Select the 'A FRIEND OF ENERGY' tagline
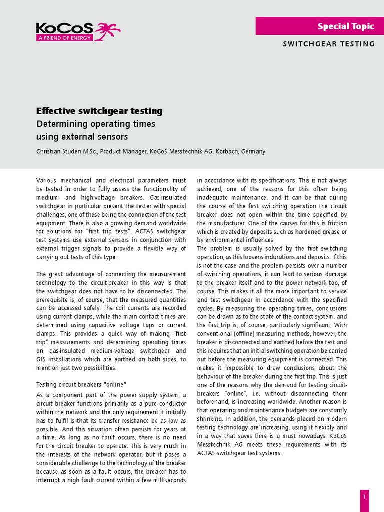(64, 38)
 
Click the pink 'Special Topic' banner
(320, 26)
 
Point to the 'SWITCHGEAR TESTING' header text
(329, 44)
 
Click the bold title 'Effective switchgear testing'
(99, 111)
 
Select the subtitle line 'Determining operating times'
(96, 124)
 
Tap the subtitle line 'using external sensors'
(82, 136)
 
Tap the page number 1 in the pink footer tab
(364, 497)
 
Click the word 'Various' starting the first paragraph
(47, 180)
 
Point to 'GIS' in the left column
(41, 359)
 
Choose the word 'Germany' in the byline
(253, 151)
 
